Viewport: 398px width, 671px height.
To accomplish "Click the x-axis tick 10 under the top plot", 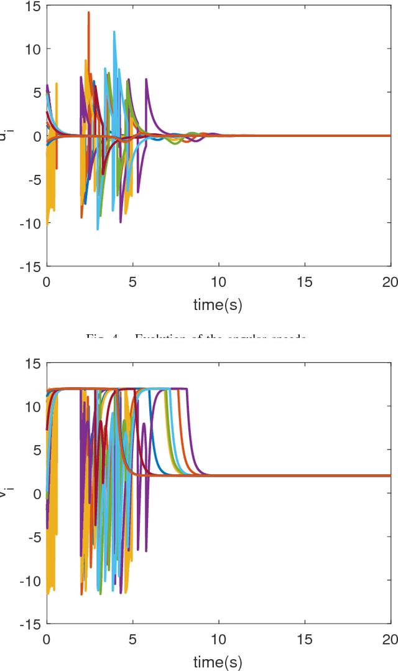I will [218, 281].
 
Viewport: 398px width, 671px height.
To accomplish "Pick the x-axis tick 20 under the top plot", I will [390, 281].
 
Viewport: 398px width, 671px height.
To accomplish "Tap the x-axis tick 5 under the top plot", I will [132, 281].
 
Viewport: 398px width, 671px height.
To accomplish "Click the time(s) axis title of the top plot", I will [218, 304].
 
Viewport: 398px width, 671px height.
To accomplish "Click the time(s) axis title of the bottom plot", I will [218, 660].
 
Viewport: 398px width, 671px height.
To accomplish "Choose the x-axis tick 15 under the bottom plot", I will [304, 639].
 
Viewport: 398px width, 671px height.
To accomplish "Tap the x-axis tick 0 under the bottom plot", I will [47, 639].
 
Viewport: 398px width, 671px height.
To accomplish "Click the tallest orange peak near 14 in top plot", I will [89, 13].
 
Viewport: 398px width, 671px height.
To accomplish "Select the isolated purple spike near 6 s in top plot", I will [147, 80].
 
